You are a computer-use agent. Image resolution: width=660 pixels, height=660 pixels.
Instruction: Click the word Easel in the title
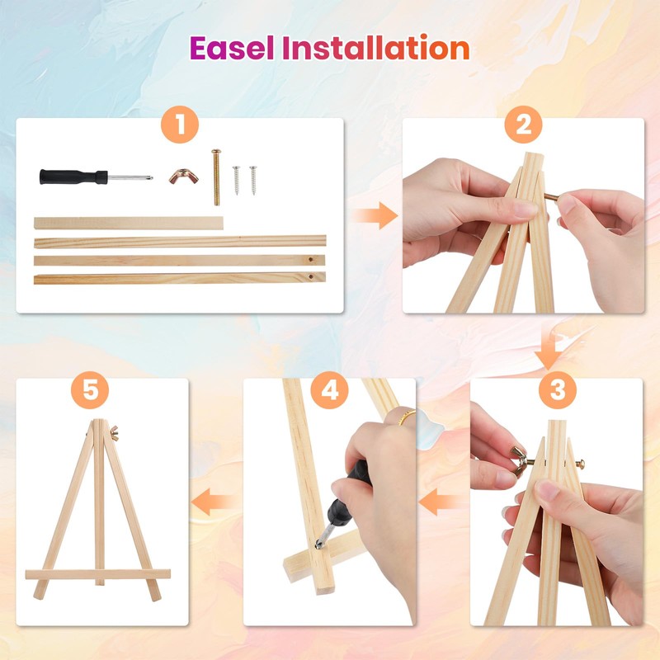[x=232, y=48]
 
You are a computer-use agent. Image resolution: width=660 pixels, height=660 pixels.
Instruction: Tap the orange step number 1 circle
[x=180, y=125]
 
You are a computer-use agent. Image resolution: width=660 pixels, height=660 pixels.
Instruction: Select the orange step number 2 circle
[x=523, y=125]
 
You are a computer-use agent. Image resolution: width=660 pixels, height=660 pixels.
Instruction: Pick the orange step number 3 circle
[x=558, y=389]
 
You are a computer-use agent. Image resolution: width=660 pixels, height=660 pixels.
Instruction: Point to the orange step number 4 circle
[x=329, y=389]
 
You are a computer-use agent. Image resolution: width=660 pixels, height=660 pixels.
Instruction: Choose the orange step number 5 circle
[x=90, y=389]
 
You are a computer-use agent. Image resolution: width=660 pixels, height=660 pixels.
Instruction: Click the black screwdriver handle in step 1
[x=73, y=177]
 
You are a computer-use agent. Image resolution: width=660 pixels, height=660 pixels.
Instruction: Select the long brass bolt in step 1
[x=216, y=177]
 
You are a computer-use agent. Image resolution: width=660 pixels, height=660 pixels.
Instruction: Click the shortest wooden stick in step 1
[x=129, y=223]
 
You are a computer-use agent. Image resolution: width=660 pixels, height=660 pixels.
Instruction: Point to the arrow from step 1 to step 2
[x=375, y=215]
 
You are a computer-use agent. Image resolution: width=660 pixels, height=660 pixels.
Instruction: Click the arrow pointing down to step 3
[x=549, y=351]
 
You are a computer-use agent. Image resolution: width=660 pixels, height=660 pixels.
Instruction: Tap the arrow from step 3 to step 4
[x=440, y=502]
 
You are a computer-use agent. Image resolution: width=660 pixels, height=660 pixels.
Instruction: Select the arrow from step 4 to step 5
[x=214, y=502]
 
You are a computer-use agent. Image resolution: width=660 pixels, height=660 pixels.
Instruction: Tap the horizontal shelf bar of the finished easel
[x=98, y=574]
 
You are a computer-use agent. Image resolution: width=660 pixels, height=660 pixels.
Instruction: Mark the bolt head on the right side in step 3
[x=580, y=464]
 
